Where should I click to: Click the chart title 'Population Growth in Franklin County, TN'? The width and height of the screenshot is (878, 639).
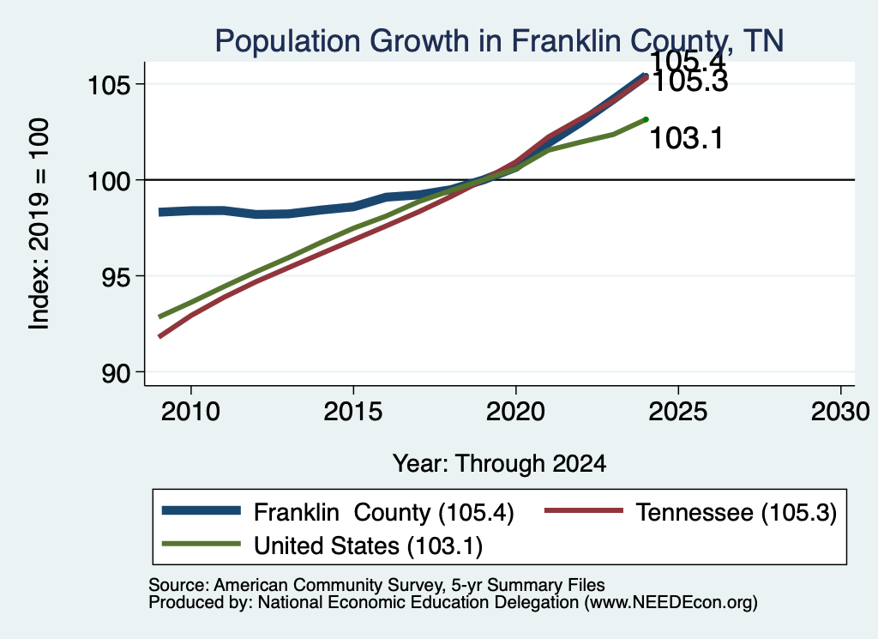(x=499, y=41)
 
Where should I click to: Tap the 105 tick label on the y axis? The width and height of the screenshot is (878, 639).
(x=110, y=85)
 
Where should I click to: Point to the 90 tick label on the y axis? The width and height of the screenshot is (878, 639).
(x=117, y=373)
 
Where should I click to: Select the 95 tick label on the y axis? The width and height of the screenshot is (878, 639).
(x=117, y=277)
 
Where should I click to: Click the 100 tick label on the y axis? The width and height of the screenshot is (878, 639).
(x=110, y=181)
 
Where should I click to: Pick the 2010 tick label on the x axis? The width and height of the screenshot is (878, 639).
(x=191, y=412)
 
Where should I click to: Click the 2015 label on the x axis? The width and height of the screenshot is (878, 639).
(x=353, y=412)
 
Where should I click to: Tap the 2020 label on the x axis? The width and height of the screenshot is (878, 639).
(x=515, y=412)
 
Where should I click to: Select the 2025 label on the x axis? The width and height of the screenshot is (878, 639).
(x=678, y=412)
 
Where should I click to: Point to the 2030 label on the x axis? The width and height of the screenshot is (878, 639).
(x=840, y=412)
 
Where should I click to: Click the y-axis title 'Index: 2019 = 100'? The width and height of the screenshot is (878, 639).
(x=39, y=224)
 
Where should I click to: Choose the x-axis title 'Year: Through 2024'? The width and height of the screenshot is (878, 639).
(x=500, y=464)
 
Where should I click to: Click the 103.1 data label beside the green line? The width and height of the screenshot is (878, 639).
(x=687, y=138)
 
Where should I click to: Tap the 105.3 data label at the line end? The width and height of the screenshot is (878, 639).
(x=690, y=81)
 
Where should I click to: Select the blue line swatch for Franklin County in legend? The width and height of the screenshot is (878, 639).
(x=201, y=510)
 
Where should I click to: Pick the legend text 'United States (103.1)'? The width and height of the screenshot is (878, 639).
(x=369, y=546)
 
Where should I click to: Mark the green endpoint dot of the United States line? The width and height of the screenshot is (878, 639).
(x=646, y=119)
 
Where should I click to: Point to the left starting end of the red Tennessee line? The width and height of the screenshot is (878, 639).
(x=160, y=336)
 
